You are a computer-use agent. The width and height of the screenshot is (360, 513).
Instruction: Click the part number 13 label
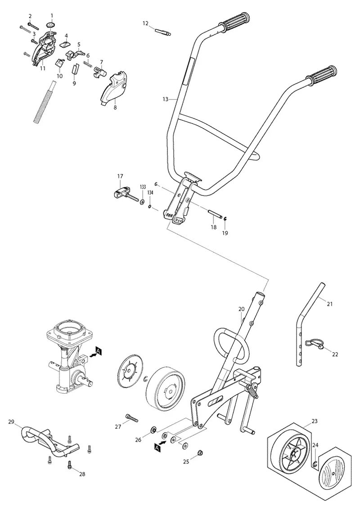tap(165, 99)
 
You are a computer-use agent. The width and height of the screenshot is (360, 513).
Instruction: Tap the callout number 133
tap(143, 187)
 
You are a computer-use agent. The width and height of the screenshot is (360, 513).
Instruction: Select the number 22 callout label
tap(335, 354)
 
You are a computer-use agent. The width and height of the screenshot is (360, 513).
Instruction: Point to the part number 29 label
tap(11, 422)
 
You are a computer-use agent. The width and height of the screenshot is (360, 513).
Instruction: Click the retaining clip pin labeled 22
tap(315, 343)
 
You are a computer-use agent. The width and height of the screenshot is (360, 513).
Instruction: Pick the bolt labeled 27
tap(132, 418)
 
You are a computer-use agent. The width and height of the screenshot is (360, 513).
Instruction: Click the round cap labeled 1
tap(51, 25)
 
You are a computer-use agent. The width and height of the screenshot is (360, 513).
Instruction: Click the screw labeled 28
tap(69, 464)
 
